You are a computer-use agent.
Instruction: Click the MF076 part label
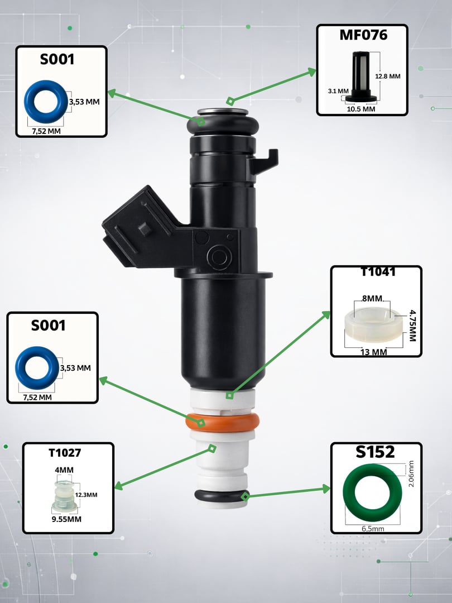363,35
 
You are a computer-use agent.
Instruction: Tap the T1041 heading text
378,272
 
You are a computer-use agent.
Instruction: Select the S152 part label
375,452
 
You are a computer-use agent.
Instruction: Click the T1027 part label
65,453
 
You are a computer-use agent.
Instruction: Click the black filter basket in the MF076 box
361,76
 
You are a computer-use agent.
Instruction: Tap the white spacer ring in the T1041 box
373,326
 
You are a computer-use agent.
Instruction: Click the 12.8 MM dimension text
388,76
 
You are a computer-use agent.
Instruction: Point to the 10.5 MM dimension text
361,109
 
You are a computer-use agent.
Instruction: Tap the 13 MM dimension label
373,352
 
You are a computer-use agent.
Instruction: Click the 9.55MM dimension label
66,519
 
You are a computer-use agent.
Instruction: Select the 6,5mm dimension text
373,529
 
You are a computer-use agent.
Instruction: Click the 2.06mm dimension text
411,474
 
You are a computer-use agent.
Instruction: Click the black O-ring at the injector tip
222,496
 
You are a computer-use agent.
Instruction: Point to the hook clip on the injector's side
265,161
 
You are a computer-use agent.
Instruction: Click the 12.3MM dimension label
86,495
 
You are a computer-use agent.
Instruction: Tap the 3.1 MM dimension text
338,91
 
